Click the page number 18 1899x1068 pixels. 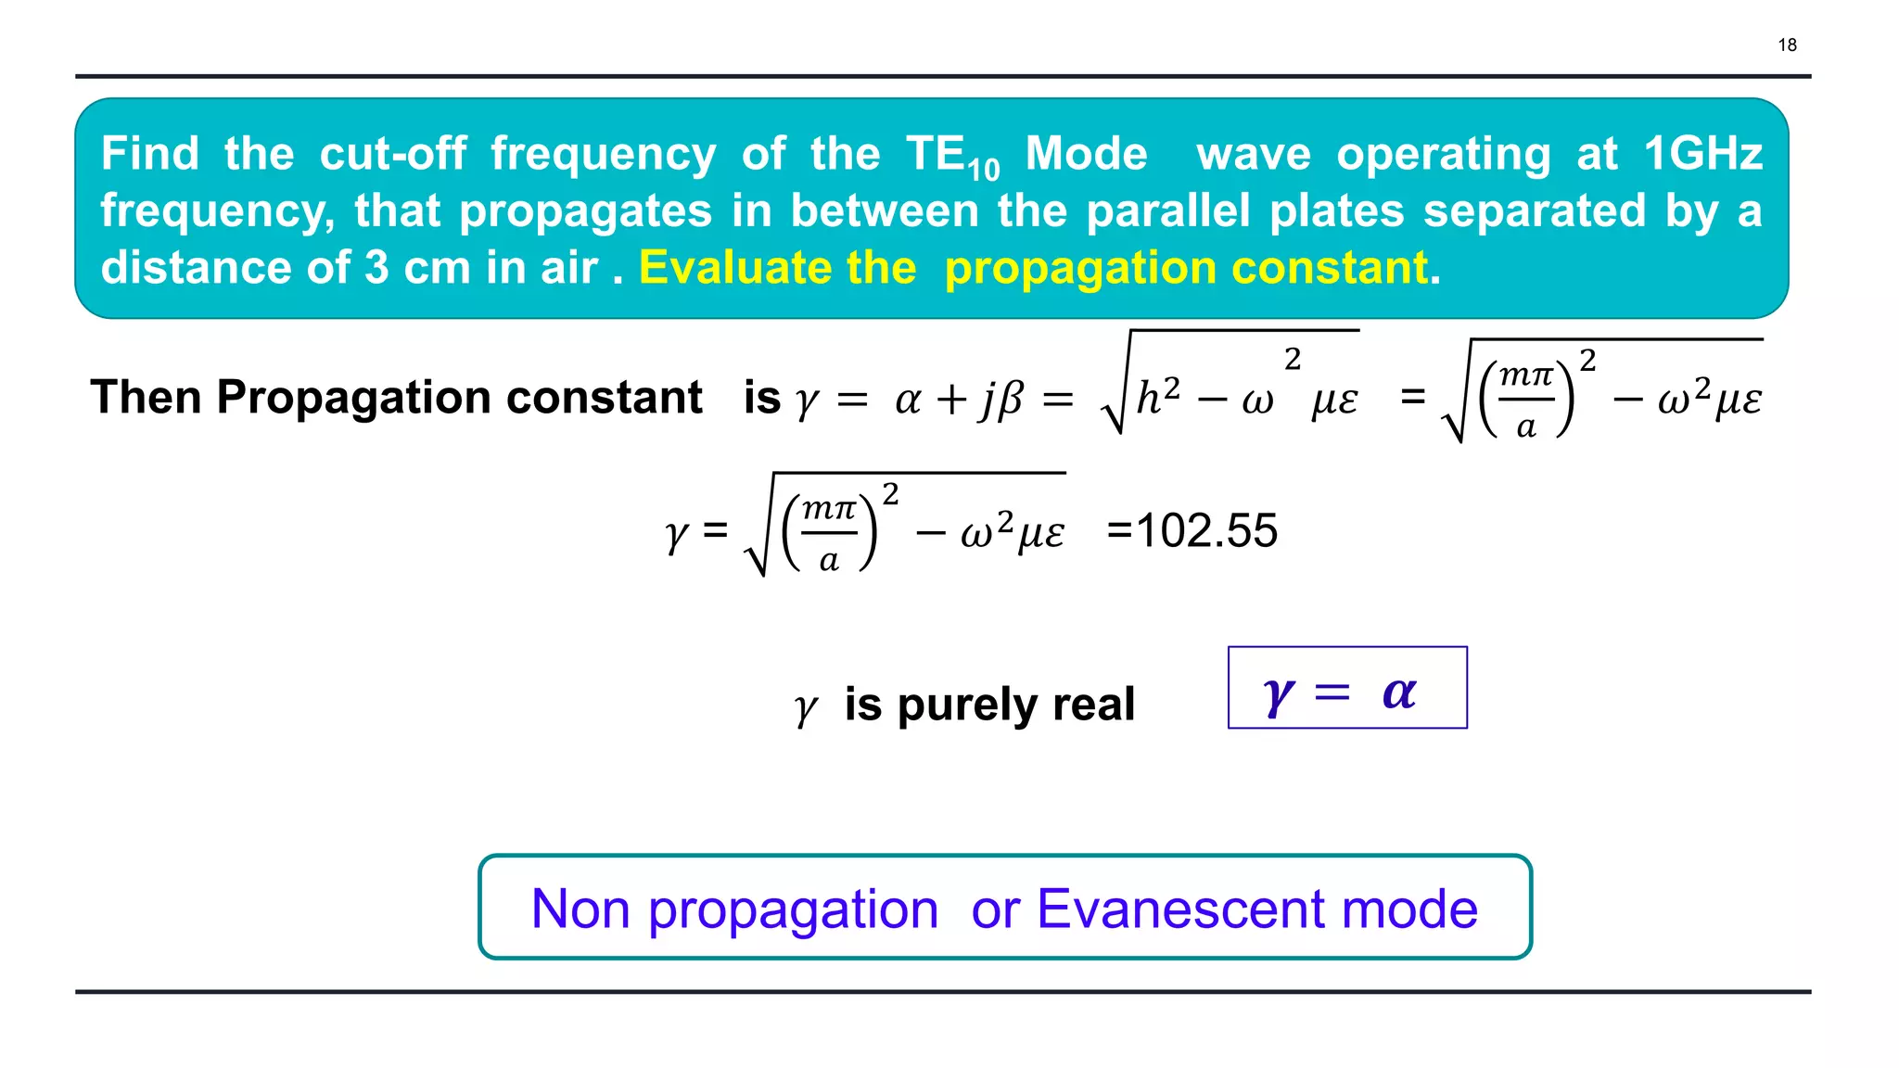[1787, 44]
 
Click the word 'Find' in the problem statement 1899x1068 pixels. [150, 153]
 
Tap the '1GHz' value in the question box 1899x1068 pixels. [1702, 153]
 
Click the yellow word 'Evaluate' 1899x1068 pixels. [777, 268]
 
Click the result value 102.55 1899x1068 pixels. [1205, 531]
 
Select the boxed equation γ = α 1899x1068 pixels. [1346, 688]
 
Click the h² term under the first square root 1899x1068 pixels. [1158, 397]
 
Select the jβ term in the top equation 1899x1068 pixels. [1001, 400]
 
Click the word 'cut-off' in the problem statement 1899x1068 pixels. [393, 153]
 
